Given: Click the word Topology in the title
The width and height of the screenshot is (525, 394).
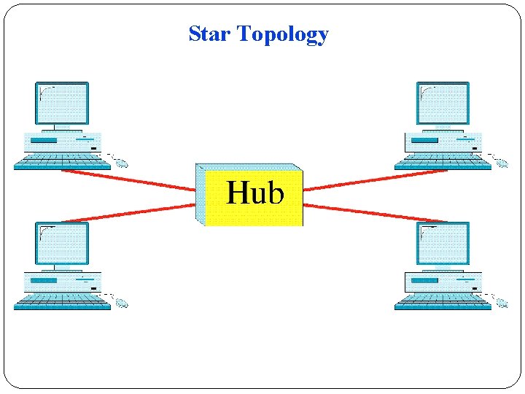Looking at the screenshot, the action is coord(283,35).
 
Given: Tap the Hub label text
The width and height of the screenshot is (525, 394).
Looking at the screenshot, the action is coord(254,193).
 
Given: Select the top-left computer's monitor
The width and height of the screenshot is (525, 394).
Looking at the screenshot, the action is coord(62,103).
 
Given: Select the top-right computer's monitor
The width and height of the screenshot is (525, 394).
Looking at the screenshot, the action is coord(443,103).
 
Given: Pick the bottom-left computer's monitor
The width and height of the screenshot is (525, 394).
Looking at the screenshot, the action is coord(62,243).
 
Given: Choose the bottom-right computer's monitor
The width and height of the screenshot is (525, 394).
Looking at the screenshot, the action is coord(443,243).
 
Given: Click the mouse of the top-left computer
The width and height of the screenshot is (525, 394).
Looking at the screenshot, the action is coord(121,163).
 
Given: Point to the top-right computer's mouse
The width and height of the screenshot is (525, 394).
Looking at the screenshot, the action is coord(502,163).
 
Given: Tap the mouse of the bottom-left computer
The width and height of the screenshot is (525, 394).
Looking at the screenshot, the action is coord(121,303).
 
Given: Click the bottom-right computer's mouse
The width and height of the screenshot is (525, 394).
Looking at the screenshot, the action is coord(502,303).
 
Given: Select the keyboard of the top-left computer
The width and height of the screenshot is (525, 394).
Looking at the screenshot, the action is coord(62,161).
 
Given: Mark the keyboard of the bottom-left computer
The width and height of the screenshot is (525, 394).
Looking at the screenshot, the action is coord(62,301).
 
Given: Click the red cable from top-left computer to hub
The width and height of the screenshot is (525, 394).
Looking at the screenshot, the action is coord(128,180).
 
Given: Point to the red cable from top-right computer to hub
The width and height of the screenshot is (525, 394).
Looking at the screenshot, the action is coord(376,180).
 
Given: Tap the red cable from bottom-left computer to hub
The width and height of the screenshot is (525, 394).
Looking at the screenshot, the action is coord(128,212).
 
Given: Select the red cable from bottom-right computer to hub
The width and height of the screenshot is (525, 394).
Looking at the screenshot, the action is coord(376,212).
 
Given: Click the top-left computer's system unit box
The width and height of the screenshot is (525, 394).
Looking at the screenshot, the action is coord(62,141).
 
